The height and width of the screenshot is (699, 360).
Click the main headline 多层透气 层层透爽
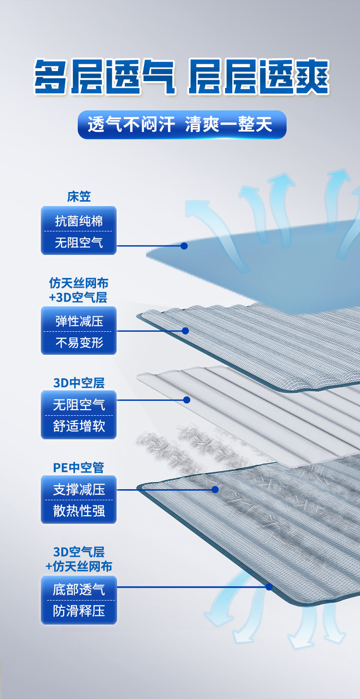[181, 77]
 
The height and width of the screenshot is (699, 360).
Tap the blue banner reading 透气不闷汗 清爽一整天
[182, 124]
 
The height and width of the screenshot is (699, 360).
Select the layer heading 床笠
[79, 197]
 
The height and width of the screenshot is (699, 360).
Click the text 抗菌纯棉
[79, 221]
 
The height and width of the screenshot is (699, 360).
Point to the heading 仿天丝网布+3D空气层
[79, 290]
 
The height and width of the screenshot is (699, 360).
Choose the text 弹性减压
[79, 321]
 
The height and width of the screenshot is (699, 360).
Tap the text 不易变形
[79, 342]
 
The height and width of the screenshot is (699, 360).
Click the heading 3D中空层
[79, 383]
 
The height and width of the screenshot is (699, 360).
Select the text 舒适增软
[79, 426]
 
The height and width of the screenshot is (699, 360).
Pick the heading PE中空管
[79, 468]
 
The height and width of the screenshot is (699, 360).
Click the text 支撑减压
[79, 489]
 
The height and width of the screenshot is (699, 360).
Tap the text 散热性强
[79, 511]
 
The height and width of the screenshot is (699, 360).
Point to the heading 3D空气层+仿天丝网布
[79, 559]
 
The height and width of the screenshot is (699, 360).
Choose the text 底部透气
[79, 590]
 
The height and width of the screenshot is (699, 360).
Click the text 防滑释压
[79, 611]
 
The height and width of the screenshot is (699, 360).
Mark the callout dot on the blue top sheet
[184, 246]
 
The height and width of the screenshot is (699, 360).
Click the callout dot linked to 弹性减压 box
[185, 331]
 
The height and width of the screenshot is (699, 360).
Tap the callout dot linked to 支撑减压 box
[215, 490]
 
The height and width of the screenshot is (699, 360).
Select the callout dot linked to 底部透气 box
[269, 587]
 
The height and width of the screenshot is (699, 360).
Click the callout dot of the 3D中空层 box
[187, 400]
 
